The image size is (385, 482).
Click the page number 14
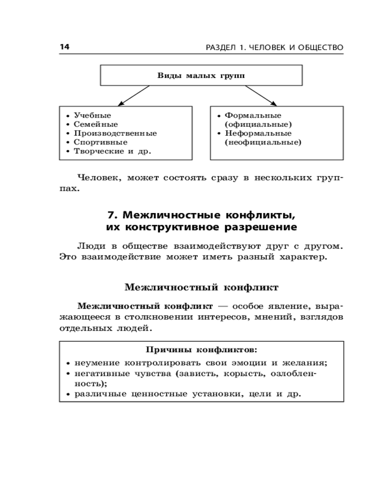(64, 47)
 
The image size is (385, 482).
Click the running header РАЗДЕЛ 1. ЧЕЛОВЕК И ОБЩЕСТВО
(274, 47)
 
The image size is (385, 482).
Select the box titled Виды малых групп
(201, 75)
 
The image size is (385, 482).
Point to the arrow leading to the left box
(133, 95)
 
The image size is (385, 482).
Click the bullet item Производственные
(115, 134)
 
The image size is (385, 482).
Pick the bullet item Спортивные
(101, 142)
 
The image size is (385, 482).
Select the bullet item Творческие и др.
(112, 151)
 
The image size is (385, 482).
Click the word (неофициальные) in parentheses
(263, 142)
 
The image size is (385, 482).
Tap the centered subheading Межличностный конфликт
(201, 288)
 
